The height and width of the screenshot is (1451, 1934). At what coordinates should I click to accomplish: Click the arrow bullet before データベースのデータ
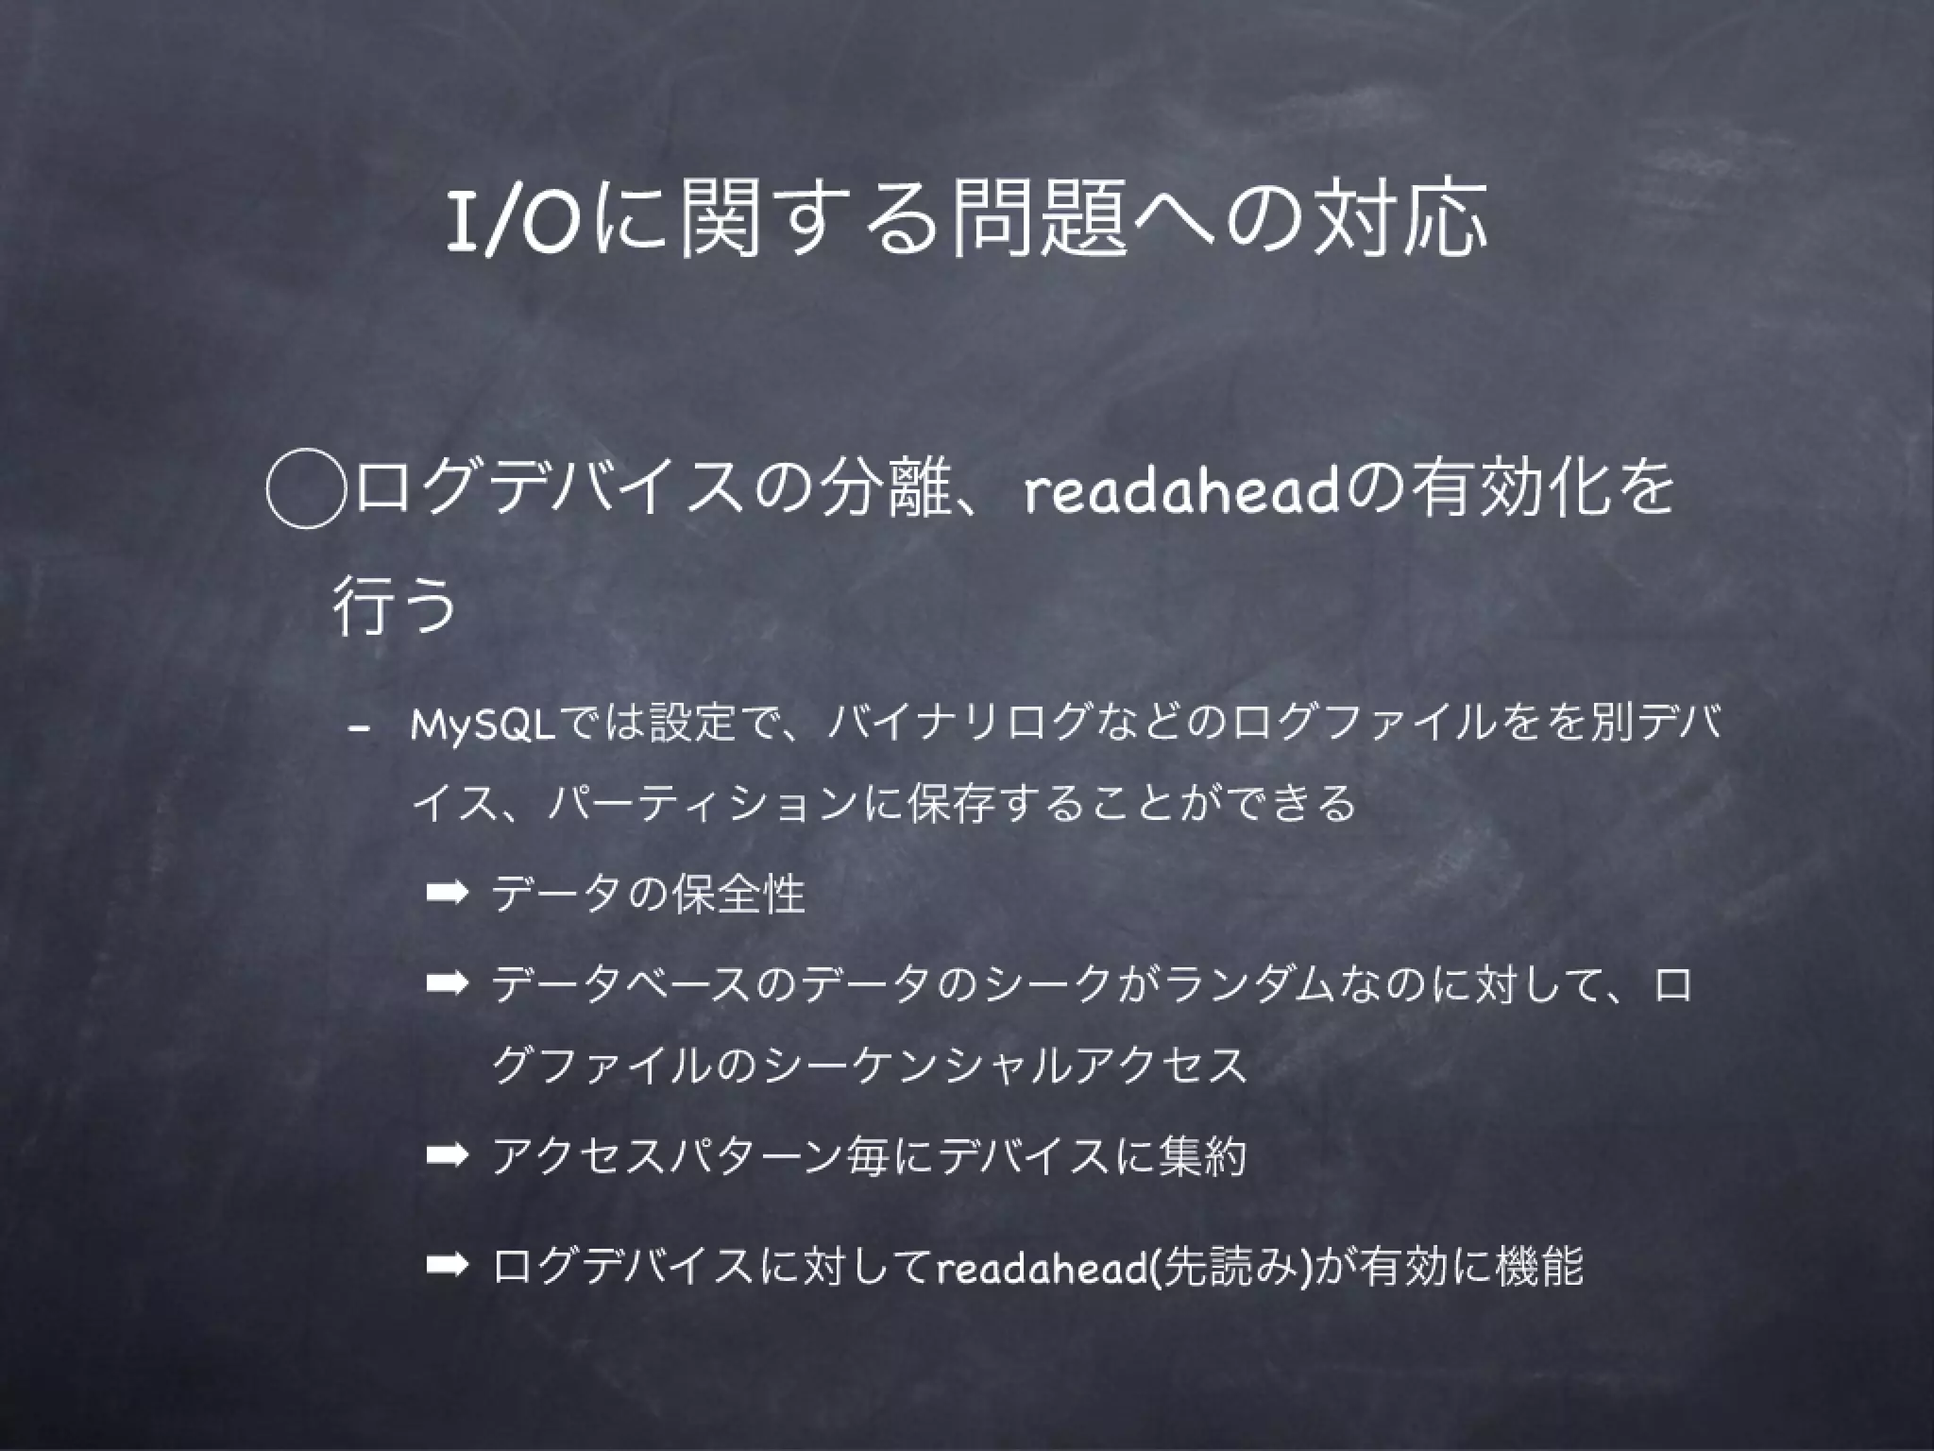447,984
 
